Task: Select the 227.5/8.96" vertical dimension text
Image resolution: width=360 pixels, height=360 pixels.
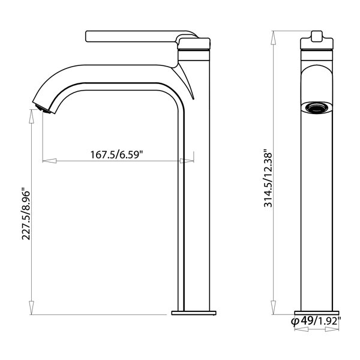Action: tap(26, 214)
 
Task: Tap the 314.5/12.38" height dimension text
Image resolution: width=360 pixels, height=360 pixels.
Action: tap(268, 179)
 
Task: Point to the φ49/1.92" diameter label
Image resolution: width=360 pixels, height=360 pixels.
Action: tap(316, 321)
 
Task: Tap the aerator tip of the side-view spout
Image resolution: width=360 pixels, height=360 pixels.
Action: tap(43, 109)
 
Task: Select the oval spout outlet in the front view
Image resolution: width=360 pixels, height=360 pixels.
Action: tap(317, 107)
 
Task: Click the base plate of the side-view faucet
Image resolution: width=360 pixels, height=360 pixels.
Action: tap(194, 313)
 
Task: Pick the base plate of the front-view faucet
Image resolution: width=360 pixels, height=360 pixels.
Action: tap(317, 313)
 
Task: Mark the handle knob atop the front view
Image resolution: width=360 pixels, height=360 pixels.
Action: tap(317, 37)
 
